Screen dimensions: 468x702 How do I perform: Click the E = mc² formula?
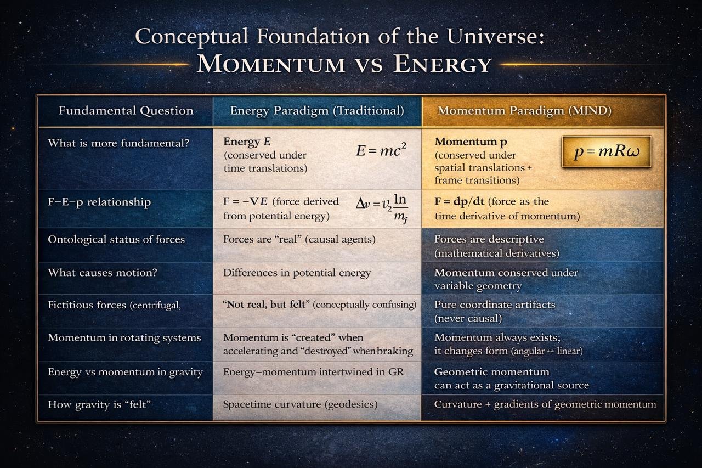pos(381,150)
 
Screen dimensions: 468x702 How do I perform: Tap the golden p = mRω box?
pos(607,152)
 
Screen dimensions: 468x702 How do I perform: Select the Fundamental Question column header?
pos(126,111)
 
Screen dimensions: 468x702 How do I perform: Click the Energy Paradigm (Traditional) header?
pos(317,111)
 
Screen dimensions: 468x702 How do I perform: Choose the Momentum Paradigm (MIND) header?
pos(524,111)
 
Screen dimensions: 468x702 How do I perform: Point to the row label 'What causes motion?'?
pos(103,273)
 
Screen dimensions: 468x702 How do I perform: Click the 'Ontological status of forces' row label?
pos(116,239)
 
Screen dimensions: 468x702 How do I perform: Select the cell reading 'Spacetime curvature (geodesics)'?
pos(300,405)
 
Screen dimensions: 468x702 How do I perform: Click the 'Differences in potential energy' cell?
pos(297,273)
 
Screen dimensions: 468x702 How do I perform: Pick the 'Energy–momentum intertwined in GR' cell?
pos(313,372)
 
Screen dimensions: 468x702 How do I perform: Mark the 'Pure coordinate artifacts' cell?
pos(494,311)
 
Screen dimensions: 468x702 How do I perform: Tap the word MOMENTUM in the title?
pos(270,64)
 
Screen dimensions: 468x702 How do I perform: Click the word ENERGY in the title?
pos(442,64)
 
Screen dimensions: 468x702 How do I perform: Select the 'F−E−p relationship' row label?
pos(99,202)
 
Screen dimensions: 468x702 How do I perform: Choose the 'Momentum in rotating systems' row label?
pos(124,338)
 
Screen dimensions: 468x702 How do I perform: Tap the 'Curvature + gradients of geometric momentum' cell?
pos(545,405)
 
